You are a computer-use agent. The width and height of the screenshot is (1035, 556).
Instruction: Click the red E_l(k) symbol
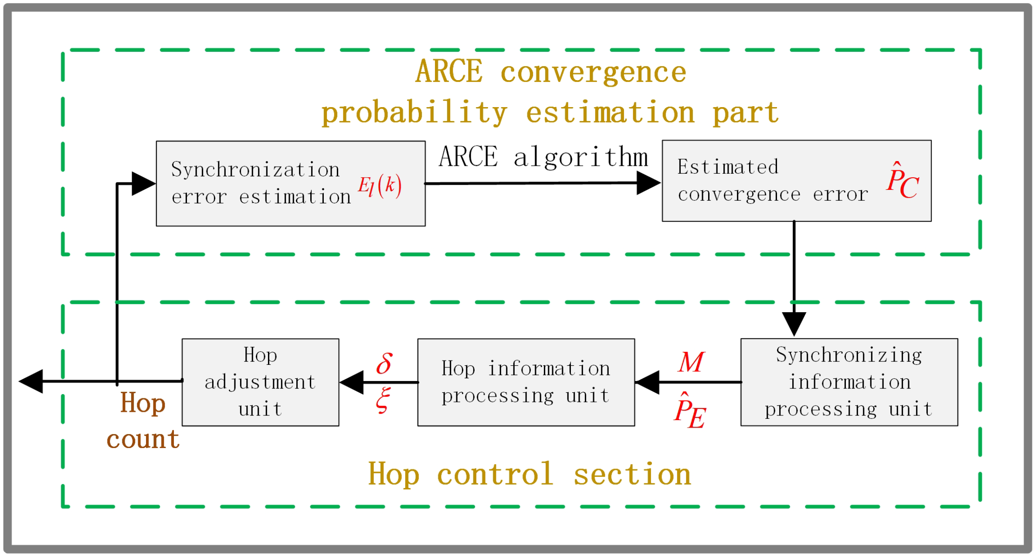click(379, 186)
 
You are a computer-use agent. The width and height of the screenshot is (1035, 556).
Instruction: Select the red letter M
click(691, 362)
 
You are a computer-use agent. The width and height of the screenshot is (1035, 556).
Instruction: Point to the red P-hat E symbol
click(689, 411)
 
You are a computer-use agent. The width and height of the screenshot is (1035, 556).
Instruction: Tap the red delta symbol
click(384, 364)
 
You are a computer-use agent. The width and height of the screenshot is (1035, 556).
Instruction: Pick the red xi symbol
click(383, 400)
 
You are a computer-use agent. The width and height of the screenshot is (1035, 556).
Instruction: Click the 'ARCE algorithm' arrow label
click(543, 158)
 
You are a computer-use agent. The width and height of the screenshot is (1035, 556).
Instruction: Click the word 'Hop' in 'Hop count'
click(143, 403)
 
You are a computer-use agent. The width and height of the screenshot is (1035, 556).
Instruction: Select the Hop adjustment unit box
click(260, 382)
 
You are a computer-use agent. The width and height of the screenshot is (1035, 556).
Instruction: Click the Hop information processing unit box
click(526, 382)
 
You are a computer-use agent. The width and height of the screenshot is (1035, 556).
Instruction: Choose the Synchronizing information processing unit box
click(848, 382)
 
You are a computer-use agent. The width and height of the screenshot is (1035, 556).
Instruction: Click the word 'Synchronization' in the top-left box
click(255, 170)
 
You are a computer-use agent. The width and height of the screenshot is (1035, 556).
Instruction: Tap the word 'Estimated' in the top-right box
click(727, 167)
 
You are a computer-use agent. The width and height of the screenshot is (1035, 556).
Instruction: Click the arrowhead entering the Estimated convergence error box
click(648, 183)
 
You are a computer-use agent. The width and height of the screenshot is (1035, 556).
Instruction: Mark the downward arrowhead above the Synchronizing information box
click(794, 323)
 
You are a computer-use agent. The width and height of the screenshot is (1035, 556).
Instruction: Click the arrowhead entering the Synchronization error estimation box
click(143, 184)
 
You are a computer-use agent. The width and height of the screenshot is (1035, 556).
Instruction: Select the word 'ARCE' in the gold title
click(449, 72)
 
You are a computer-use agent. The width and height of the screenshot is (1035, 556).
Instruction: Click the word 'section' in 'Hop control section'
click(632, 475)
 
